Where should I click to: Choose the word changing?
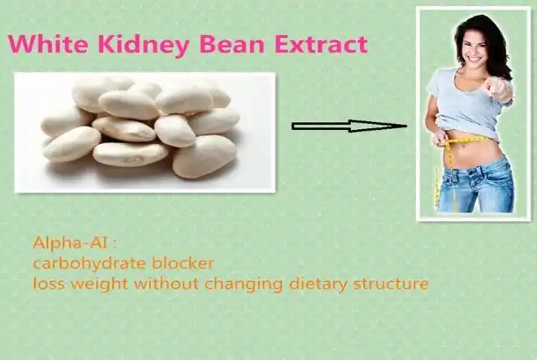click(x=234, y=284)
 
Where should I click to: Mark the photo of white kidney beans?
click(x=145, y=132)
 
